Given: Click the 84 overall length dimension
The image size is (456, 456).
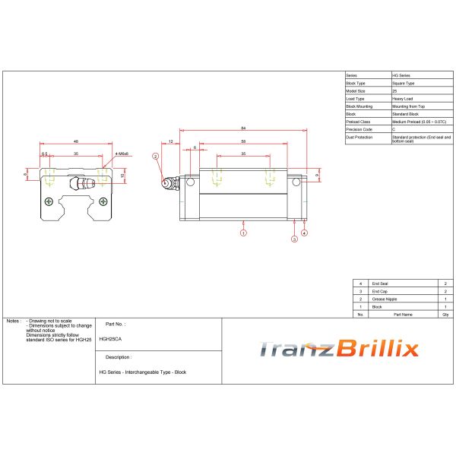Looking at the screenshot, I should (x=242, y=128).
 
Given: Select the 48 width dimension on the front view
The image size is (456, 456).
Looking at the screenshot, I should (x=76, y=141).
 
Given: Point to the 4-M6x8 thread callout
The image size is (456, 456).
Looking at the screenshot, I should (x=122, y=154).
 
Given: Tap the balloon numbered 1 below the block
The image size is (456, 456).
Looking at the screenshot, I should (x=243, y=233).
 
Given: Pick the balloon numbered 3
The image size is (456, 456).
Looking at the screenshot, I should (x=294, y=239).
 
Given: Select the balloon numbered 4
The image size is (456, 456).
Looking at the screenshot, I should (x=304, y=233).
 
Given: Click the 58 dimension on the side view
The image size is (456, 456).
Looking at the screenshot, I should (x=242, y=141).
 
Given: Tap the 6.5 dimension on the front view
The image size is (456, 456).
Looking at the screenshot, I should (x=45, y=154).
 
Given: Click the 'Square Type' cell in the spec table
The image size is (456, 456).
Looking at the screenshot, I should (x=403, y=83).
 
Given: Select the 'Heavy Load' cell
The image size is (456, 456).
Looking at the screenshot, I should (x=403, y=98).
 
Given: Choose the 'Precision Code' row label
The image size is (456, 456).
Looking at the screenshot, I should (x=359, y=128).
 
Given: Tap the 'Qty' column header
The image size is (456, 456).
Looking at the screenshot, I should (x=445, y=313).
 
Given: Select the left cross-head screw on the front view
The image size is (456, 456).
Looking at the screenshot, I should (x=49, y=201).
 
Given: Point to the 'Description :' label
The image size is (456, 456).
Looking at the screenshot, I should (x=119, y=356).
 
